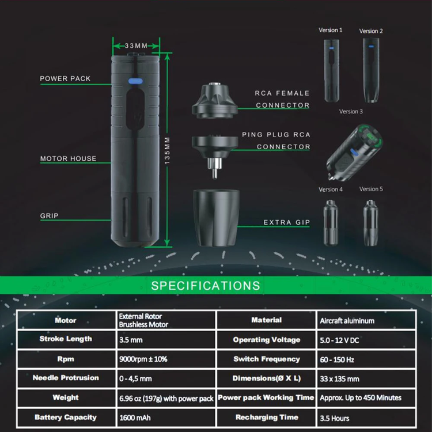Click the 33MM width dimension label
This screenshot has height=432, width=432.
[136, 46]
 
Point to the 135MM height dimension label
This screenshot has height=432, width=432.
[167, 150]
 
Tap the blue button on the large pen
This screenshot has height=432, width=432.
[135, 81]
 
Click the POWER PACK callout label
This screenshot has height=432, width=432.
[65, 78]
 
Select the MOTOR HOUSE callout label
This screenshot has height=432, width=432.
[69, 159]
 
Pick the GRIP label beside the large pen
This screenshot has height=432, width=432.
[50, 216]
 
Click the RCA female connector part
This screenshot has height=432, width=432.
[215, 100]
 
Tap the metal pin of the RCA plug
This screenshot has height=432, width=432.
[214, 173]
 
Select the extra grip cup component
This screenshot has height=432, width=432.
[216, 218]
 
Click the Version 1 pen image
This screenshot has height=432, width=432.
[331, 70]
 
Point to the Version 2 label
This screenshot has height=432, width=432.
[371, 31]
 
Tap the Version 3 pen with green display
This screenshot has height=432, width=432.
[354, 153]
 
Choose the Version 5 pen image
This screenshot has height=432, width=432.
[370, 222]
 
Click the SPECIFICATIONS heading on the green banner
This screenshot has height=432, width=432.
[206, 286]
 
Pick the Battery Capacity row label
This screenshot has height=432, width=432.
[66, 418]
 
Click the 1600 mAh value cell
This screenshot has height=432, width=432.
[166, 418]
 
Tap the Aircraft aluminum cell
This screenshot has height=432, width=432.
[366, 320]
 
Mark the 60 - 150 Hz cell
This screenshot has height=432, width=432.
[366, 359]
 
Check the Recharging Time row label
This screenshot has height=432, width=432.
[267, 418]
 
